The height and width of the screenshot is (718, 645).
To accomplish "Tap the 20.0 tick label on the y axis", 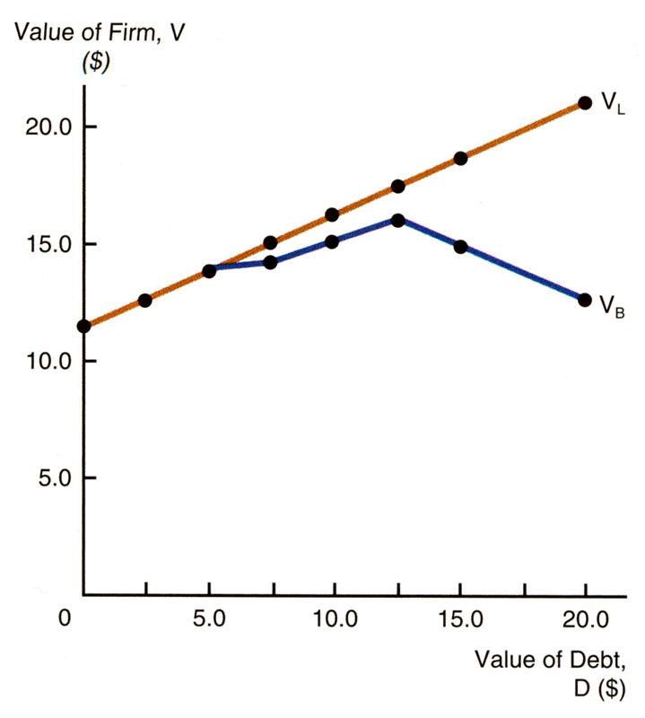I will (x=49, y=127).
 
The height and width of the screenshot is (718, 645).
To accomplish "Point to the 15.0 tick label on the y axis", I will (x=49, y=244).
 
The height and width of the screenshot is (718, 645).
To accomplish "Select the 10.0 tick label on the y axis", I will (x=49, y=361).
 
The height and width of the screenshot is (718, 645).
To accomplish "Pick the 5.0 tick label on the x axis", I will (x=208, y=619).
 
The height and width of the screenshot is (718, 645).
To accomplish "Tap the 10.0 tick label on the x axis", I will (x=334, y=619).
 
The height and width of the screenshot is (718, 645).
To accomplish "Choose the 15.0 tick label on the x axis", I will (x=459, y=619).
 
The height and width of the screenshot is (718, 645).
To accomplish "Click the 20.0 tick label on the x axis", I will (x=585, y=619).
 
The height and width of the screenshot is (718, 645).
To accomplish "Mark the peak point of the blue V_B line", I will (x=397, y=219).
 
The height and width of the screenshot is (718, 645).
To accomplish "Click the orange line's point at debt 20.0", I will (x=585, y=102).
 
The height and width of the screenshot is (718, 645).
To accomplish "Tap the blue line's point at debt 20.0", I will (x=585, y=300).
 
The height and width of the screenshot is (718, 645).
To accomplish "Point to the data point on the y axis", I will (x=83, y=326).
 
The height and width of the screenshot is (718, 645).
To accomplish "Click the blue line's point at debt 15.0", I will (x=460, y=247).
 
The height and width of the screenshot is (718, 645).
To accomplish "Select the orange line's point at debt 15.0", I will (x=460, y=158).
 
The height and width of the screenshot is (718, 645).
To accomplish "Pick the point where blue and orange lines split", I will (x=209, y=270).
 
